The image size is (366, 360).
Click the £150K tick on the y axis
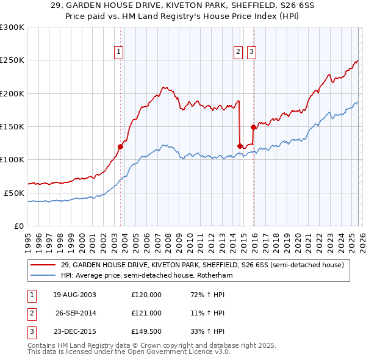coord(12,126)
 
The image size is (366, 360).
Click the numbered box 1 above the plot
coord(118,52)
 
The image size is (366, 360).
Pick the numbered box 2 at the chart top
coord(237,52)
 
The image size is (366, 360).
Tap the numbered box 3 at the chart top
coord(251,52)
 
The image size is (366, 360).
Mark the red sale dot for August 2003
coord(121,146)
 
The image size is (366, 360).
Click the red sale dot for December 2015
coord(253,127)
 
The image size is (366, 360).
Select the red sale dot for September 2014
coord(240,146)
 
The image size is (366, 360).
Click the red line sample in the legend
coord(43,265)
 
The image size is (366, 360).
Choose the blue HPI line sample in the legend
coord(43,276)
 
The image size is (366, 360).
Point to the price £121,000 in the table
coord(146,313)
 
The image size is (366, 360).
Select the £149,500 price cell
coord(146,332)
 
